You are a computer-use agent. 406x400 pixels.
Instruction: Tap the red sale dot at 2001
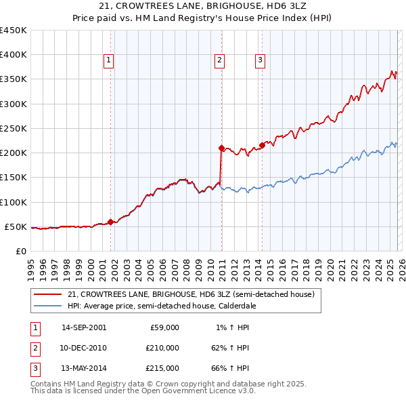[x=110, y=222]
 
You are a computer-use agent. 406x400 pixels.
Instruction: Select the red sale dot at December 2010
[x=221, y=147]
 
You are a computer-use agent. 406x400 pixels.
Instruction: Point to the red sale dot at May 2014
[x=262, y=145]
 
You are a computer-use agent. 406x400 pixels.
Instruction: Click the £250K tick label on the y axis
[x=14, y=128]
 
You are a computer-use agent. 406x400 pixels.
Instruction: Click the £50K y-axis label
[x=16, y=226]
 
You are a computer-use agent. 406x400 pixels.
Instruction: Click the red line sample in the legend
[x=48, y=295]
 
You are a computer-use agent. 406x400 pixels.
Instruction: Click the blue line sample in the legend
[x=48, y=306]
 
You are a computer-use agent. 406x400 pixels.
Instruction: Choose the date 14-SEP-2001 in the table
[x=83, y=327]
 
